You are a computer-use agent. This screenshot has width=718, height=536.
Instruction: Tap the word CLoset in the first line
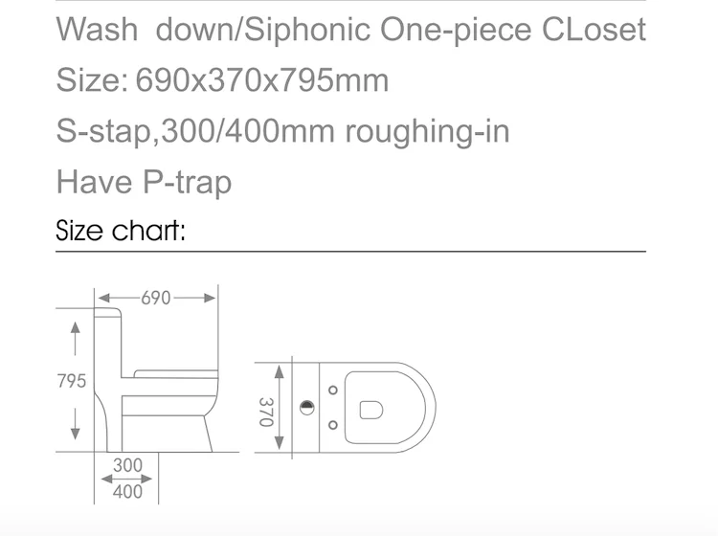[x=594, y=29]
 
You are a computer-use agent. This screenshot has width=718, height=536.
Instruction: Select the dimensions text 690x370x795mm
[x=263, y=80]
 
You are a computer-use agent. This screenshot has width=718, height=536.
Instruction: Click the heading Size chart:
[x=121, y=230]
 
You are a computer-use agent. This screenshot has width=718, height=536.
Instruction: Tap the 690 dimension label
[x=156, y=298]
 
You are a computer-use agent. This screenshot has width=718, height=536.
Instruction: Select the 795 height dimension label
[x=72, y=380]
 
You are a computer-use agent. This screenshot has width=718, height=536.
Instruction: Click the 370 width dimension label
[x=267, y=409]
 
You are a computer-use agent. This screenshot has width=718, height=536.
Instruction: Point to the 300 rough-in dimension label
[x=127, y=465]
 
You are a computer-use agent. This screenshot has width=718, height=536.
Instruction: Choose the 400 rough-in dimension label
[x=127, y=491]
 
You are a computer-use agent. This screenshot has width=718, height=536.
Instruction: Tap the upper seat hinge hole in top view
[x=332, y=391]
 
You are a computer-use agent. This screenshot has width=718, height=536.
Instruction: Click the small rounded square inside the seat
[x=371, y=409]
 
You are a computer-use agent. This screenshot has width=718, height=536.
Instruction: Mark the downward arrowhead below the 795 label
[x=75, y=433]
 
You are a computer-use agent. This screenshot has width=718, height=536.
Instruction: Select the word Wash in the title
[x=97, y=29]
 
